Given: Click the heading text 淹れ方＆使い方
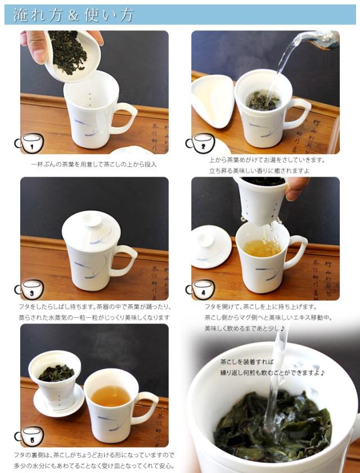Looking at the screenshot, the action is click(73, 15).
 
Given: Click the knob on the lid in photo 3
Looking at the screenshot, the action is click(92, 219).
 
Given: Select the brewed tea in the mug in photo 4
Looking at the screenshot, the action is click(262, 248).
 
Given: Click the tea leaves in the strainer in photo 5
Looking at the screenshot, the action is click(56, 373).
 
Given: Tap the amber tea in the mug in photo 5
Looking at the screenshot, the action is click(111, 396).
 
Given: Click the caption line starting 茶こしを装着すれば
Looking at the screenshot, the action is click(247, 362).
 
